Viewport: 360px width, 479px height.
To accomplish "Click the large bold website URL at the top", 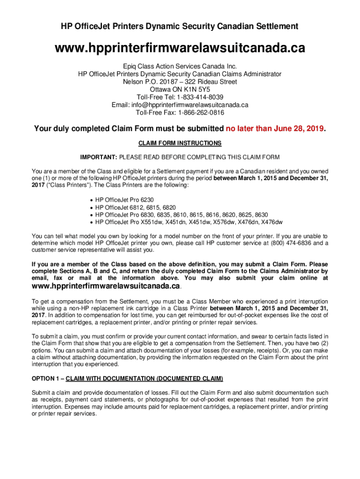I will [x=180, y=48].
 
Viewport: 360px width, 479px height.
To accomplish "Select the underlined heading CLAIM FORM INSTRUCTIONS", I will [x=180, y=143].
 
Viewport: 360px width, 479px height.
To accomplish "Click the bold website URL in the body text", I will [x=106, y=286].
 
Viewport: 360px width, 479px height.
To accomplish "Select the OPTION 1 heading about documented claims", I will [x=127, y=378].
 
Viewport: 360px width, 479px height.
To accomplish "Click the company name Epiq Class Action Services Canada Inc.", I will [x=180, y=66].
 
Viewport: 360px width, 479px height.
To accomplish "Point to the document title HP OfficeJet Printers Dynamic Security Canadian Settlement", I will [x=180, y=27].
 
